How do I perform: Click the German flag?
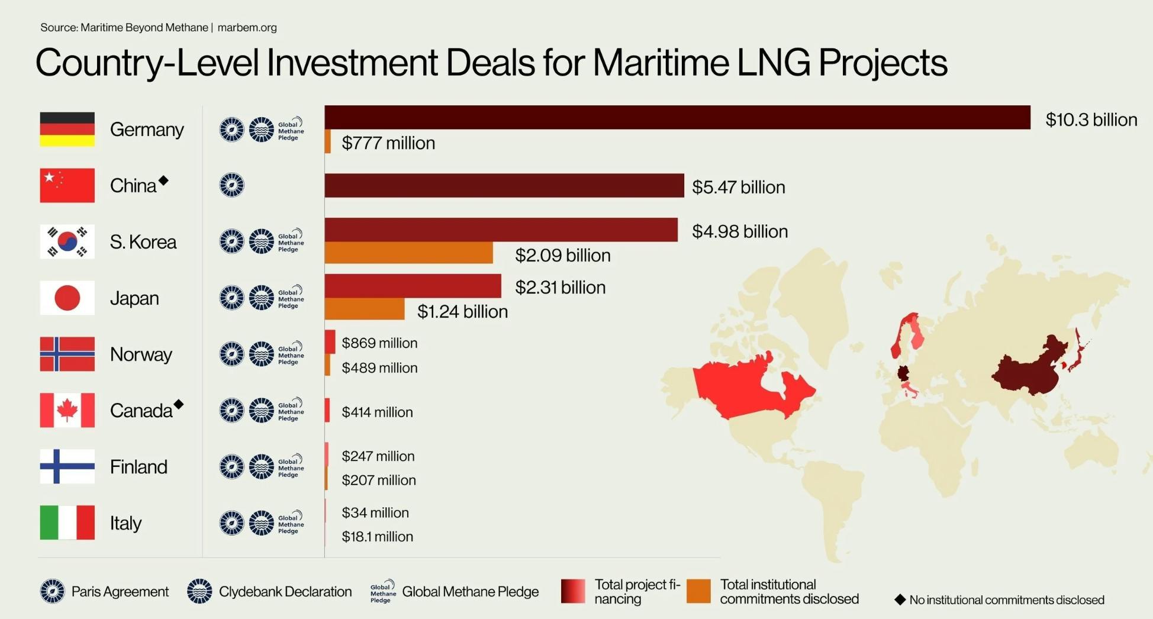[67, 129]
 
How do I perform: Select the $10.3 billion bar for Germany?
[677, 117]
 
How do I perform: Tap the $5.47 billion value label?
[738, 187]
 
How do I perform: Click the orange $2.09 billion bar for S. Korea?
[408, 253]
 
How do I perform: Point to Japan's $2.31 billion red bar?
[413, 286]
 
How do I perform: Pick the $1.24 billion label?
[462, 311]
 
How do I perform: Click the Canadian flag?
[67, 410]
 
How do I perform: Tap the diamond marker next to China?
[164, 180]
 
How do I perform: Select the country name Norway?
[141, 354]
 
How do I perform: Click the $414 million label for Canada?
[377, 412]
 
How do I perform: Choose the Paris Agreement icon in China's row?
[231, 185]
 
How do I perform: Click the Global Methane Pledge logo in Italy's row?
[291, 523]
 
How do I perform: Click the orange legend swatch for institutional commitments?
[698, 591]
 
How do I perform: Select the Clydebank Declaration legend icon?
[199, 591]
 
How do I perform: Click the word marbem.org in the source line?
[247, 27]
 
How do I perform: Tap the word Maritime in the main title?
[661, 62]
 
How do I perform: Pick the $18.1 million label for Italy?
[377, 537]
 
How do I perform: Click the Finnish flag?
[67, 466]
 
